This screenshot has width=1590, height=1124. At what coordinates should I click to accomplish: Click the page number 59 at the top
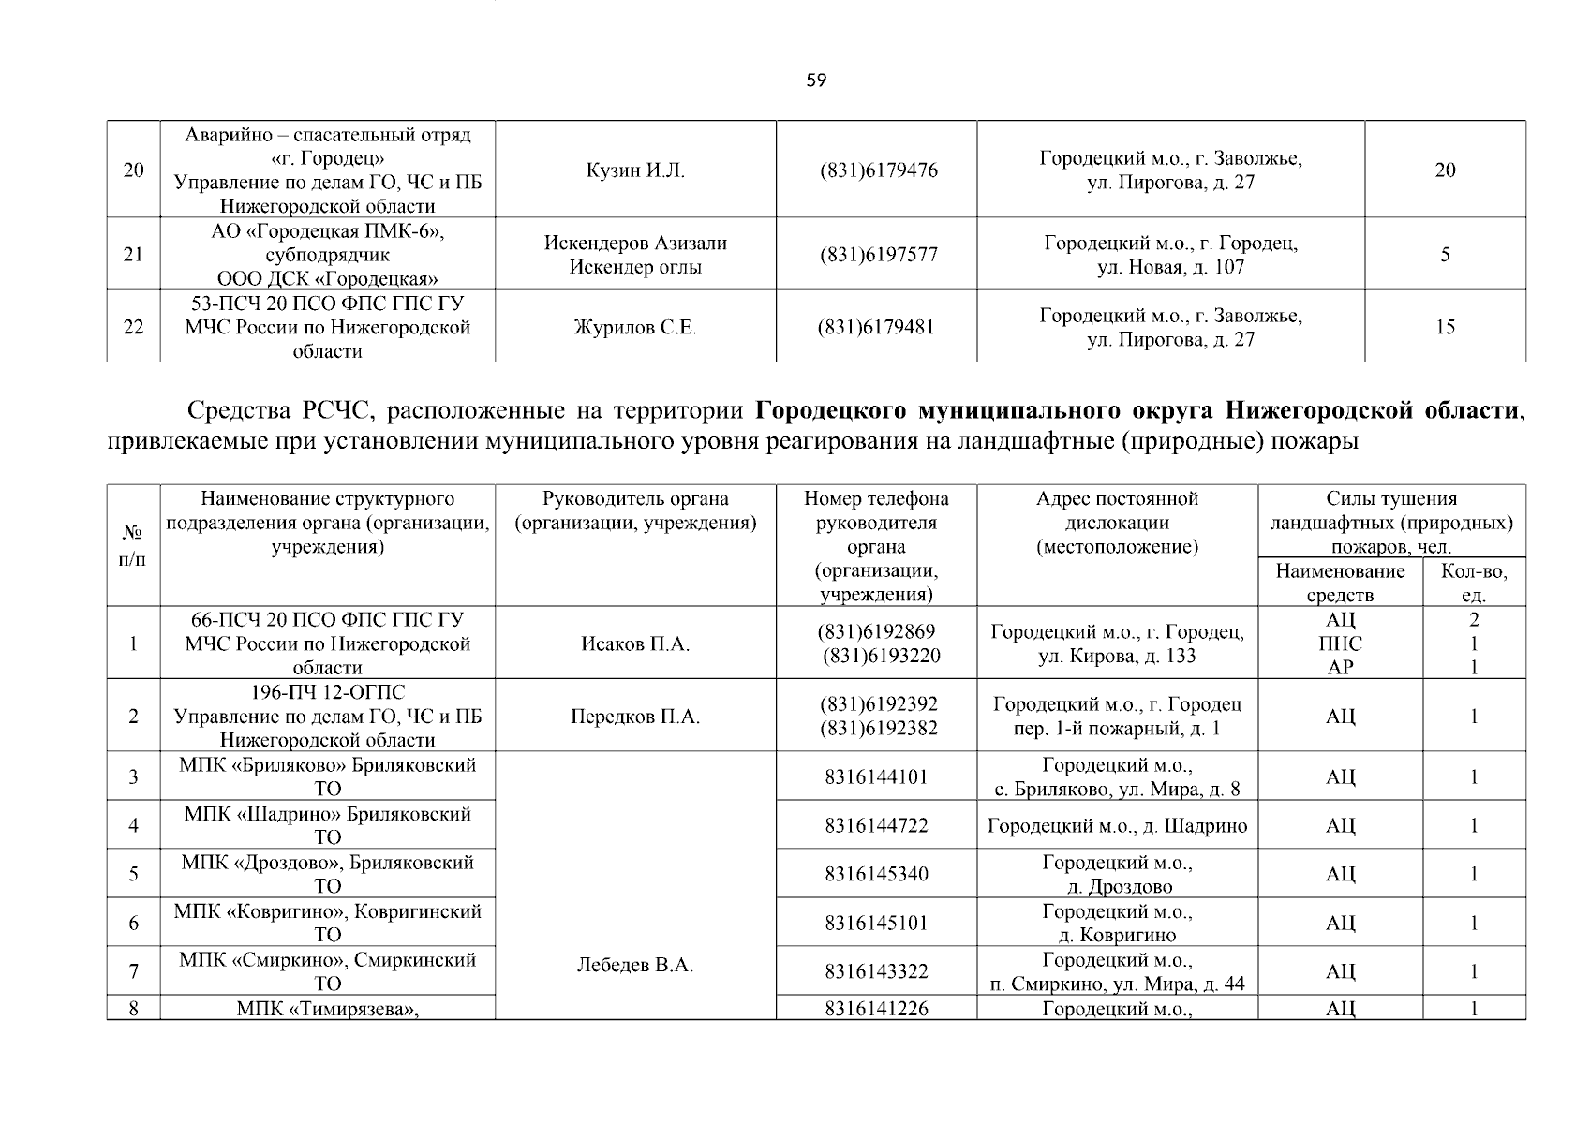[x=816, y=81]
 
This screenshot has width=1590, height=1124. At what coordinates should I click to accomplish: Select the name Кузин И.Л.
[x=635, y=170]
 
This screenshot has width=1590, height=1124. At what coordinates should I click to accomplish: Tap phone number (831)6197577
[x=878, y=255]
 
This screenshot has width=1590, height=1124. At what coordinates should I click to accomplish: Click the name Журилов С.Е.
[x=635, y=328]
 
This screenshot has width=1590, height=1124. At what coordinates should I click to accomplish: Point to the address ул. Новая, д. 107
[x=1170, y=267]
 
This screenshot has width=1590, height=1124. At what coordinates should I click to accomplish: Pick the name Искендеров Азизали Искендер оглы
[x=635, y=255]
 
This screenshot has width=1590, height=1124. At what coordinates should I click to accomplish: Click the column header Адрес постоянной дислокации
[x=1117, y=523]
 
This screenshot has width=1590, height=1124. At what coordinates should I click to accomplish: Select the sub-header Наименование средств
[x=1340, y=583]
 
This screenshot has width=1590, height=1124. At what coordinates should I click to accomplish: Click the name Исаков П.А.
[x=635, y=644]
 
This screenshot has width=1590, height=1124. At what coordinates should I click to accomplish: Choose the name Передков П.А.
[x=635, y=717]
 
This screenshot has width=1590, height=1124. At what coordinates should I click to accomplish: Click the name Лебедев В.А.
[x=635, y=966]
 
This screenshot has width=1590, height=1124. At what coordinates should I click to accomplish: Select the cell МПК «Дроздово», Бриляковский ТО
[x=328, y=874]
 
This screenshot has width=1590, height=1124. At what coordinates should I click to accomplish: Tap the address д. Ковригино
[x=1117, y=935]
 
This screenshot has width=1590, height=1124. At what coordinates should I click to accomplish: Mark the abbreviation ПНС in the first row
[x=1340, y=644]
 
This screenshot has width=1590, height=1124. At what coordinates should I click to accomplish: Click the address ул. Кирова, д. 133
[x=1117, y=657]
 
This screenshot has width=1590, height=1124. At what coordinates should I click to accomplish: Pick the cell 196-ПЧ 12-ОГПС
[x=328, y=693]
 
